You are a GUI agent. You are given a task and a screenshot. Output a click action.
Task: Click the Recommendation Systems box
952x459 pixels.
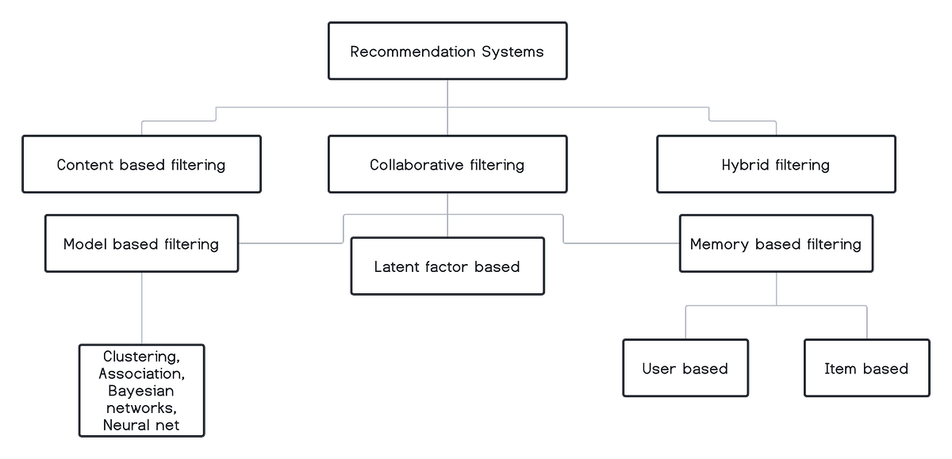click(447, 52)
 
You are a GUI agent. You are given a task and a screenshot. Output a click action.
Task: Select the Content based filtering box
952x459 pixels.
click(141, 165)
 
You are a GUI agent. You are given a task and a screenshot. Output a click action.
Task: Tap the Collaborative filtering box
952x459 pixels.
click(447, 165)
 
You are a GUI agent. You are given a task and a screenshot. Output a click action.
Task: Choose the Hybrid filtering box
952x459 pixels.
click(776, 165)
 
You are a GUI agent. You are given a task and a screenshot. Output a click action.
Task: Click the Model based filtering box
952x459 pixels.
click(141, 243)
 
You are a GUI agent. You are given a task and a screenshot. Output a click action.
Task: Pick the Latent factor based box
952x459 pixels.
click(447, 266)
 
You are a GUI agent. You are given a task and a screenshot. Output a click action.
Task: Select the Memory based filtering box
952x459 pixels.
click(776, 243)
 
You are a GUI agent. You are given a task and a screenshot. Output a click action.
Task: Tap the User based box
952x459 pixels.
click(685, 368)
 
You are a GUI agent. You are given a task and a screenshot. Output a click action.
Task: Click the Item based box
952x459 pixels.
click(866, 368)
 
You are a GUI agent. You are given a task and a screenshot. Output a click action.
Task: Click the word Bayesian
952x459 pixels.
click(141, 391)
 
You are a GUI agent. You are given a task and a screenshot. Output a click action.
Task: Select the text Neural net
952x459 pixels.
click(141, 425)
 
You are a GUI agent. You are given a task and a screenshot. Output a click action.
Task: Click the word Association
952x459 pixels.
click(140, 373)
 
